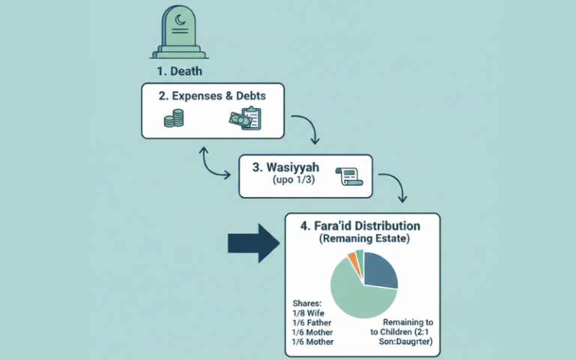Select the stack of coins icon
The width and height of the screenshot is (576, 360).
point(174,118)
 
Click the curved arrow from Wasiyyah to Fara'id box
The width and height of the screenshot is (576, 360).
point(394,187)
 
